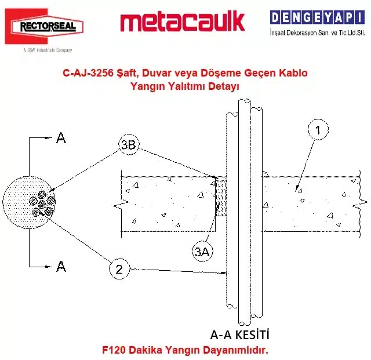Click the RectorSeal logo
(x=44, y=26)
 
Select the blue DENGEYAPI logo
(x=317, y=17)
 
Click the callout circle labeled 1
(x=318, y=130)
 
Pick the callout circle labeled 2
(x=119, y=269)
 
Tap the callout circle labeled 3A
(x=202, y=251)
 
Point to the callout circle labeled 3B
(x=129, y=144)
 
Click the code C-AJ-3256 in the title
(x=88, y=73)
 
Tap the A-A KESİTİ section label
(x=239, y=334)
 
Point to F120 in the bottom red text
(x=114, y=350)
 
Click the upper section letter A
(x=61, y=138)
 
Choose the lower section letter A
(x=61, y=266)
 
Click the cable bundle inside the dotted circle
(x=42, y=203)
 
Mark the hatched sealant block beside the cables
(x=221, y=198)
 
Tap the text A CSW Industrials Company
(x=48, y=50)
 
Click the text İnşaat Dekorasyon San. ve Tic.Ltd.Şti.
(x=317, y=32)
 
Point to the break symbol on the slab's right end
(x=360, y=203)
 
